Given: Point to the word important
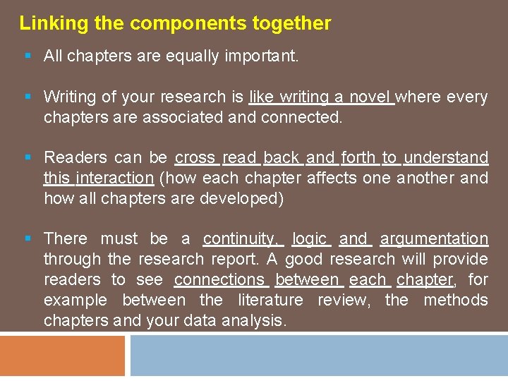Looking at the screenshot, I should [266, 56].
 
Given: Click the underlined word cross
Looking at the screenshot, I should [195, 157].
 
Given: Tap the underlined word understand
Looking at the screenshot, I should [446, 157].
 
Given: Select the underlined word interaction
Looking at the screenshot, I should [115, 178].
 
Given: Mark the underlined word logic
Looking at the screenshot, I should [310, 239].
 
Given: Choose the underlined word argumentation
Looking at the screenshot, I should [435, 239].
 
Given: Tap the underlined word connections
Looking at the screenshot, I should [219, 280].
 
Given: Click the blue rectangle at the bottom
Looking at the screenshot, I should [318, 356].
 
